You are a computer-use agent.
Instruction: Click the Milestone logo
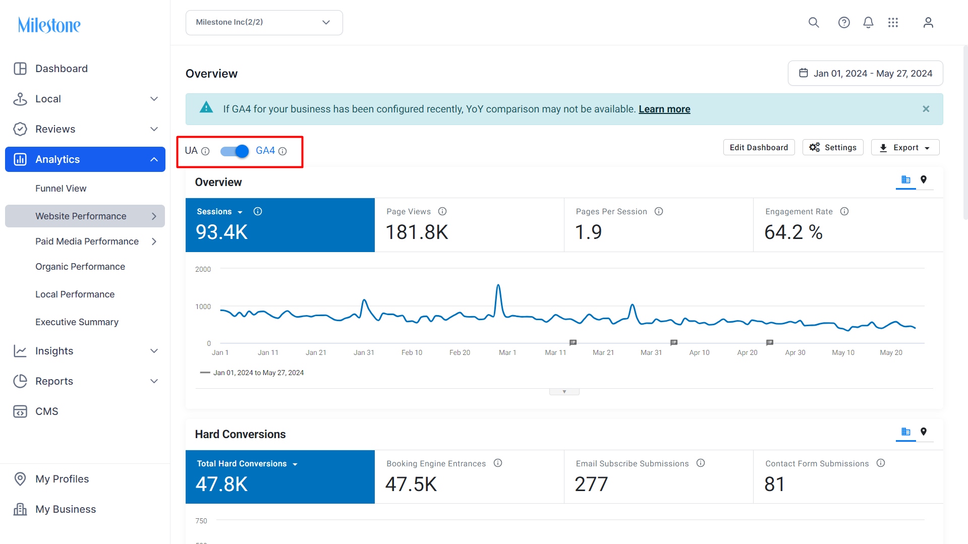coord(49,25)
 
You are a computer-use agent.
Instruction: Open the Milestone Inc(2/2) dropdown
coord(264,23)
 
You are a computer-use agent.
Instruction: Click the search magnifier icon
coord(813,23)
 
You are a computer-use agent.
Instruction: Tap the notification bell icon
coord(868,23)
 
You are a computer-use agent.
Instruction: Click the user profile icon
coord(928,23)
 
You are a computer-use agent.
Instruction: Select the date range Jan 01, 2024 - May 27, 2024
coord(865,74)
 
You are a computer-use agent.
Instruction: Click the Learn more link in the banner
coord(664,109)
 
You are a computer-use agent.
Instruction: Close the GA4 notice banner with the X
coord(926,109)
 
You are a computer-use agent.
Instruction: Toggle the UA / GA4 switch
coord(235,151)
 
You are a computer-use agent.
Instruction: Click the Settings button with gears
coord(832,147)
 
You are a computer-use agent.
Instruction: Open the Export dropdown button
coord(904,147)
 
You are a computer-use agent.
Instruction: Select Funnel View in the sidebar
coord(61,188)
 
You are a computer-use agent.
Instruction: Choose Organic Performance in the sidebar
coord(80,266)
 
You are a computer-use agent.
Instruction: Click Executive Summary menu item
coord(77,322)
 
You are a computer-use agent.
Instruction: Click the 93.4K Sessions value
coord(221,232)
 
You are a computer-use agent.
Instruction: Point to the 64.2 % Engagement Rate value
coord(793,232)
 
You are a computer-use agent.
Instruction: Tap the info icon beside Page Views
coord(442,211)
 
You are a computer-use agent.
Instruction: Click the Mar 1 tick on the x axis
coord(507,352)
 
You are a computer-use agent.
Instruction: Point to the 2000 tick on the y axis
coord(203,269)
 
